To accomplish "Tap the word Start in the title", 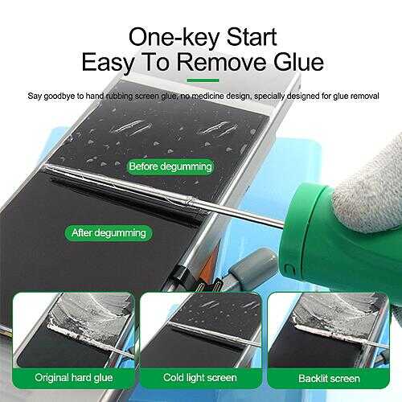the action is click(x=252, y=37).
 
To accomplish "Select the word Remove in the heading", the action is click(x=222, y=62).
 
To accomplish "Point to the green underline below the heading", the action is click(x=203, y=80).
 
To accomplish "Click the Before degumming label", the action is click(x=170, y=166).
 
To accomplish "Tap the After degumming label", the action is click(x=109, y=232).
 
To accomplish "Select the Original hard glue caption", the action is click(x=74, y=378).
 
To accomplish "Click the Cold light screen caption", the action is click(x=200, y=378).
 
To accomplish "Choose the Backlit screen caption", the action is click(x=329, y=379).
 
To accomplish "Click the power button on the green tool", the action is click(x=289, y=270).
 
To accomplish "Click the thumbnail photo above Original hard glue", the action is click(x=74, y=330).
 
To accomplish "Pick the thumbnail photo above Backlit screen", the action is click(x=328, y=330).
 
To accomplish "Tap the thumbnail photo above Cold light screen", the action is click(x=201, y=330).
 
